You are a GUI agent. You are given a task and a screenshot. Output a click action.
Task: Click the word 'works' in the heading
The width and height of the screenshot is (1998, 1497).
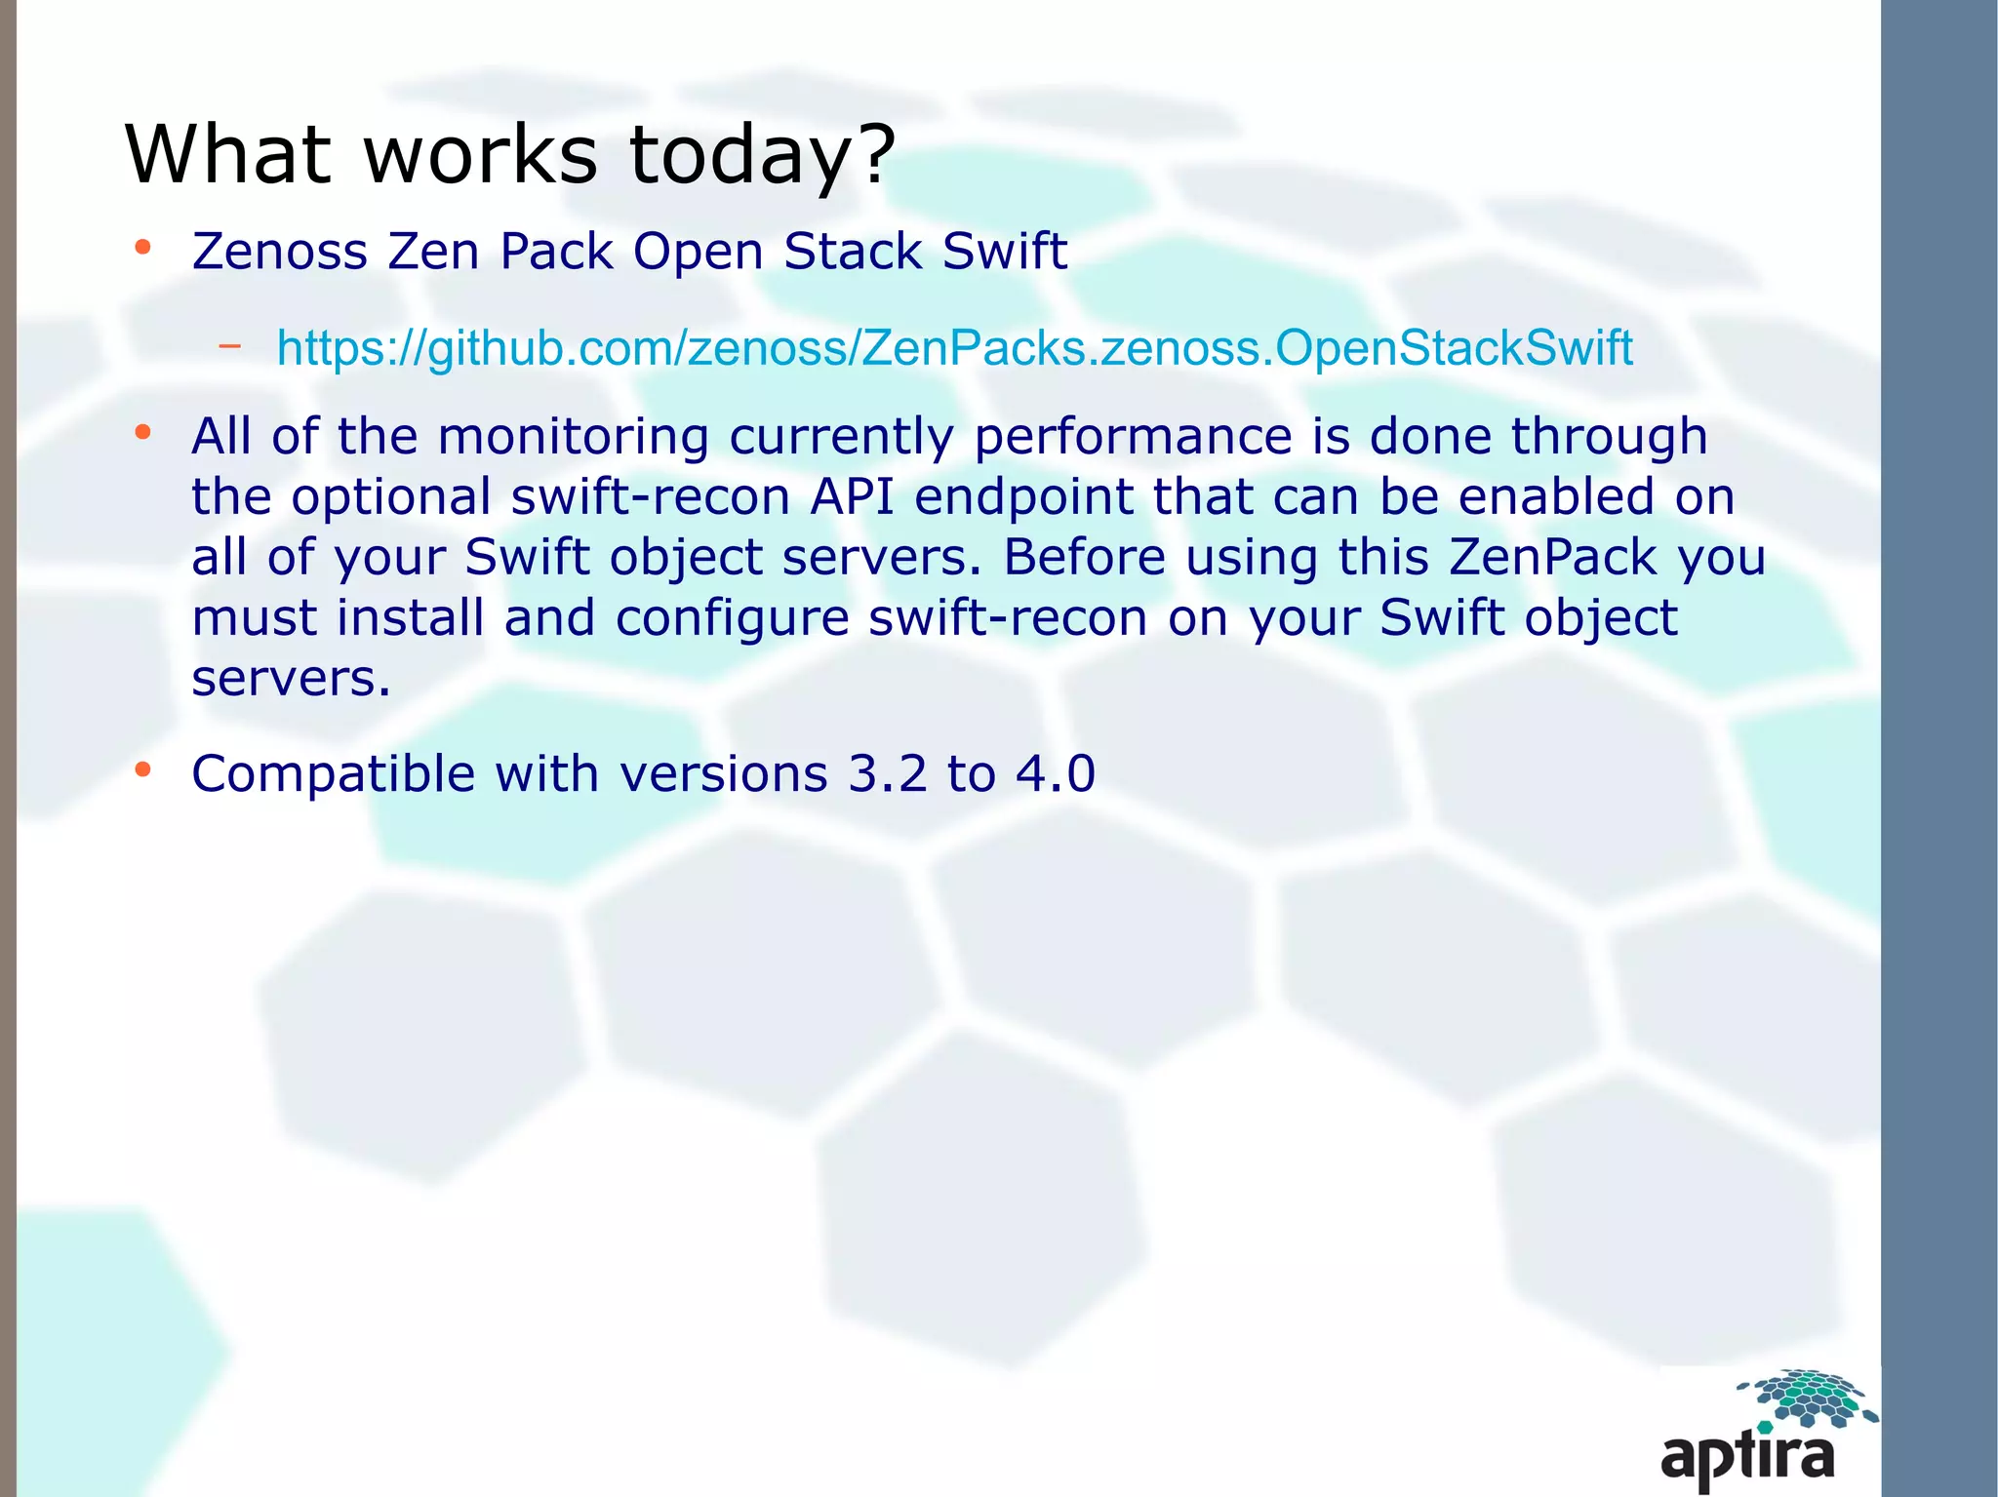(480, 154)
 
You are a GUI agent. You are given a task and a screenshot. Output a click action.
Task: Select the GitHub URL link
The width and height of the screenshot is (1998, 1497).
(954, 348)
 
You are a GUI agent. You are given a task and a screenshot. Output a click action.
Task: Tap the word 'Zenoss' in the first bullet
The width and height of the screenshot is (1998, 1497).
(280, 252)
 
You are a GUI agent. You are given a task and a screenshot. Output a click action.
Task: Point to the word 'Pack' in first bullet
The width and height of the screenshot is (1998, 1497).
(556, 252)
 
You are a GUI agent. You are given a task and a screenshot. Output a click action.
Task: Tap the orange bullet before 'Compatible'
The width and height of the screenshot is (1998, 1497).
(143, 770)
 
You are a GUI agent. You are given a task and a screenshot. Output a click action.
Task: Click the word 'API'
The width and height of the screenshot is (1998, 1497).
(852, 496)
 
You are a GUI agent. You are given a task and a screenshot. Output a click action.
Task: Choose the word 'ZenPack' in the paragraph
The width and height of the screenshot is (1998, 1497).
(1552, 557)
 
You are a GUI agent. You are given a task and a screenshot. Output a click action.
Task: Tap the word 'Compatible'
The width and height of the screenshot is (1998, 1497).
(333, 774)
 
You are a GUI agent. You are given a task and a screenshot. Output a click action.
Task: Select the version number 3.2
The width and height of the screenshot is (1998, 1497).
(887, 774)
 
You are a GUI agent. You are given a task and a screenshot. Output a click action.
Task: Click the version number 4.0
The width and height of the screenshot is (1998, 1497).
(1056, 774)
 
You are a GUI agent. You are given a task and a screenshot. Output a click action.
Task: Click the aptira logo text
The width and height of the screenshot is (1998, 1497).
(1747, 1457)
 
